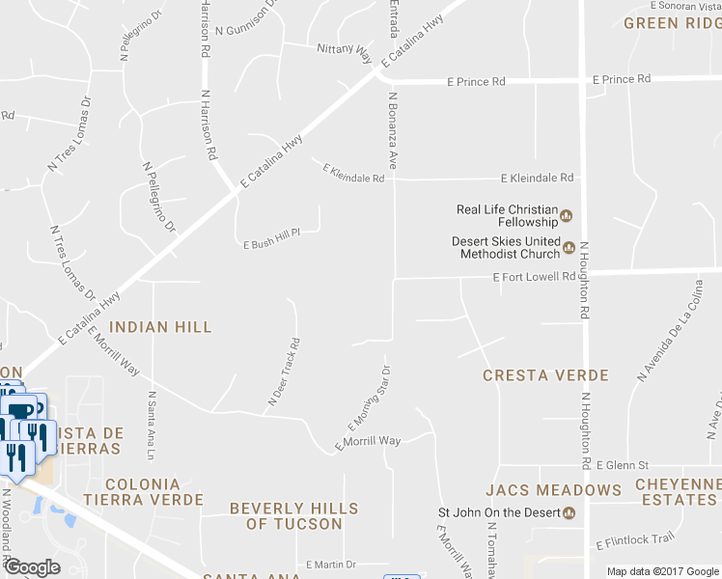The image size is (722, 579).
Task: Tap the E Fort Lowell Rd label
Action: tap(534, 277)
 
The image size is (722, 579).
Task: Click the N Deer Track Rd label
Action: tap(284, 371)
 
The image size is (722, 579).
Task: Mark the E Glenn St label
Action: tap(622, 465)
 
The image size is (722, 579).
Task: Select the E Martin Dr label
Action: tap(331, 565)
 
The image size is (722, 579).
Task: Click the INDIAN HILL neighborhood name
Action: tap(160, 328)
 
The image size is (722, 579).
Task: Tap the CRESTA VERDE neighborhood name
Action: tap(545, 375)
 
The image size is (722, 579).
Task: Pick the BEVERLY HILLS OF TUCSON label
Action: tap(293, 516)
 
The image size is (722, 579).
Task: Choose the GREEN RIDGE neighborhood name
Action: tap(673, 22)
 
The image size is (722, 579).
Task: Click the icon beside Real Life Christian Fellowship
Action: tap(567, 215)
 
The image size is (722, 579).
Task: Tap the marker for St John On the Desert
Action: tap(569, 512)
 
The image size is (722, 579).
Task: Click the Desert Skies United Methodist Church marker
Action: tap(569, 248)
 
